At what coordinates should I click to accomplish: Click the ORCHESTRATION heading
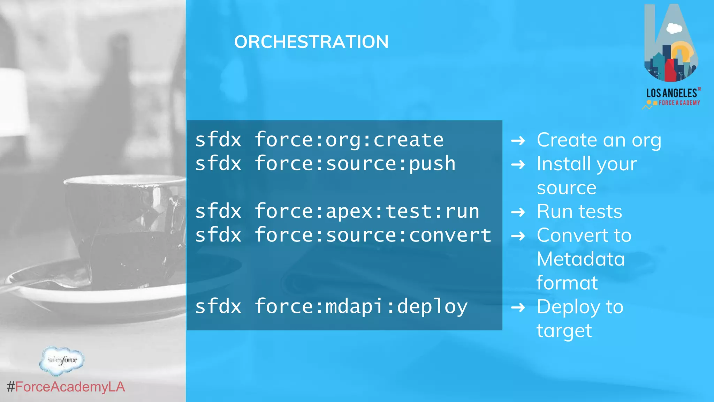pyautogui.click(x=311, y=42)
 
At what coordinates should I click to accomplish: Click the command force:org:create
pyautogui.click(x=349, y=140)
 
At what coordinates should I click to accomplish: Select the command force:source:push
pyautogui.click(x=355, y=164)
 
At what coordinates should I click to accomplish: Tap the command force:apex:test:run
pyautogui.click(x=367, y=212)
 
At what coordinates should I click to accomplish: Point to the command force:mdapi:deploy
pyautogui.click(x=361, y=307)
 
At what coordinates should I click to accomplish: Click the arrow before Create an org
pyautogui.click(x=518, y=141)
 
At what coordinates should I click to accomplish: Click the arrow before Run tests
pyautogui.click(x=518, y=212)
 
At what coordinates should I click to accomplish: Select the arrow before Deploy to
pyautogui.click(x=518, y=307)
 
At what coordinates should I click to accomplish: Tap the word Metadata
pyautogui.click(x=581, y=259)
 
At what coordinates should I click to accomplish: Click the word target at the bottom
pyautogui.click(x=564, y=331)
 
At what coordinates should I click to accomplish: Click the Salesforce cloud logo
pyautogui.click(x=62, y=360)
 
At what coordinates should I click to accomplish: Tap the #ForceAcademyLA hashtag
pyautogui.click(x=66, y=387)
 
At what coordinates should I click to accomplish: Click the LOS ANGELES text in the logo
pyautogui.click(x=671, y=93)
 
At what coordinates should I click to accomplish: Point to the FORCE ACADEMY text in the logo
pyautogui.click(x=679, y=103)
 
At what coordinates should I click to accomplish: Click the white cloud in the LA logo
pyautogui.click(x=674, y=28)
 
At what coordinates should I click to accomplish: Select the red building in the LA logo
pyautogui.click(x=671, y=70)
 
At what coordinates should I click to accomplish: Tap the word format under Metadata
pyautogui.click(x=567, y=283)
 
